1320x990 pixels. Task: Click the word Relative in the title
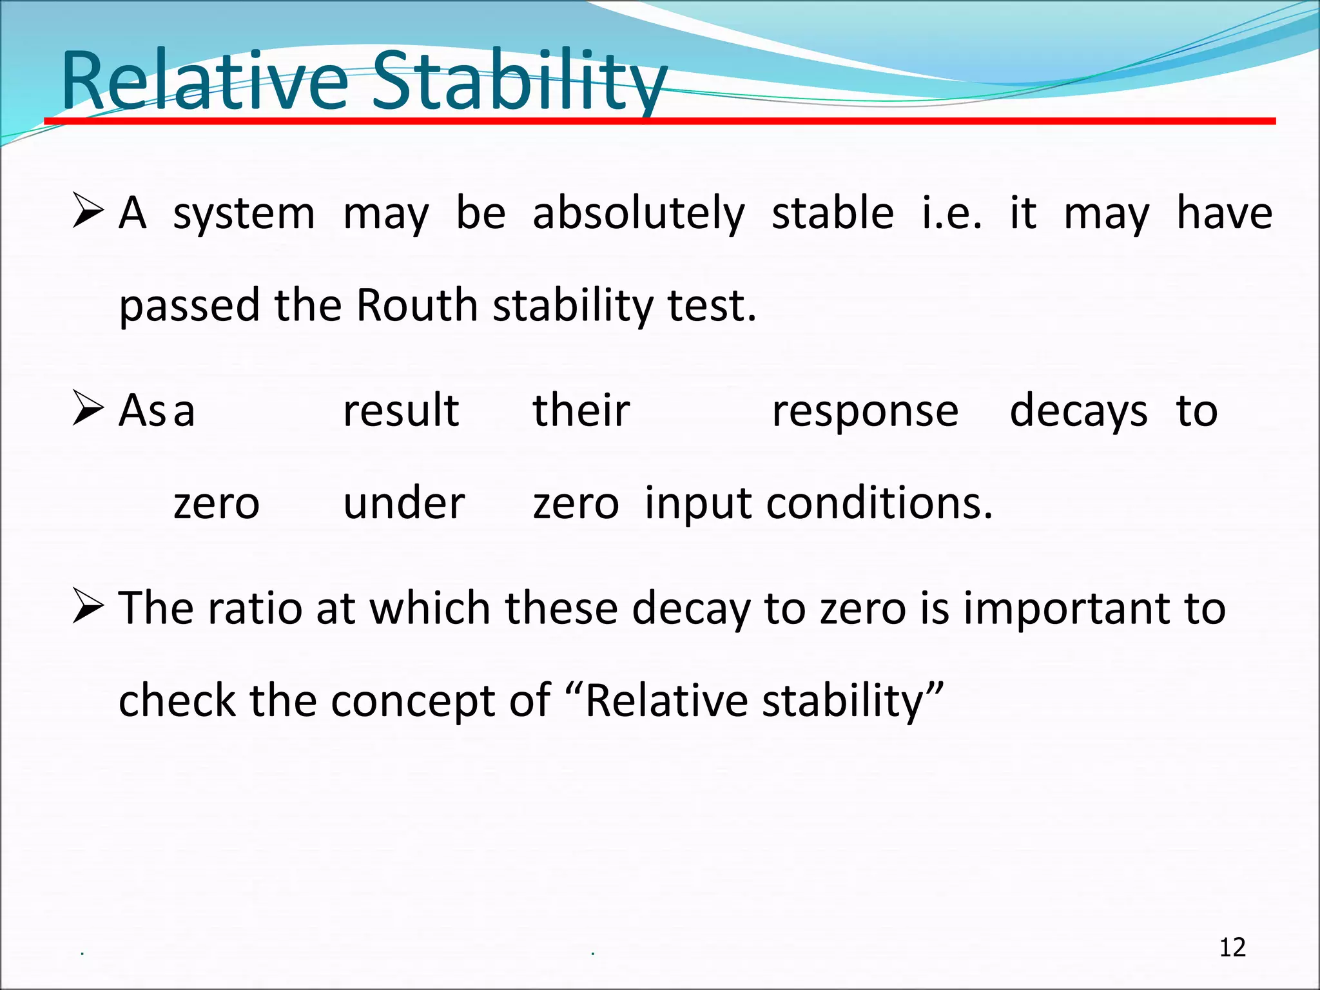tap(204, 82)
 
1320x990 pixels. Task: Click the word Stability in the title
tap(519, 82)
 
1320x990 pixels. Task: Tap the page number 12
tap(1232, 947)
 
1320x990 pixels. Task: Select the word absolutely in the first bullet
tap(639, 213)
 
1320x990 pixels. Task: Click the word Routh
tap(416, 306)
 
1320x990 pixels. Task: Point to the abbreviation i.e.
tap(952, 213)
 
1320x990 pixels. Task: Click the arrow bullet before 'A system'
tap(88, 211)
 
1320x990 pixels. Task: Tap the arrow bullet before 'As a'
tap(88, 408)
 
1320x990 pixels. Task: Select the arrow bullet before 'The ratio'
tap(88, 606)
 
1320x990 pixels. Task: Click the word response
tap(865, 412)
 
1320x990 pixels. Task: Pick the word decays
tap(1078, 412)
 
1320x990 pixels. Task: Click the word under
tap(403, 503)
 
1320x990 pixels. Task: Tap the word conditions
tap(879, 503)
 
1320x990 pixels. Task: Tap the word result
tap(401, 411)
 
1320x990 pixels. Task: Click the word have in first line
tap(1224, 213)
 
